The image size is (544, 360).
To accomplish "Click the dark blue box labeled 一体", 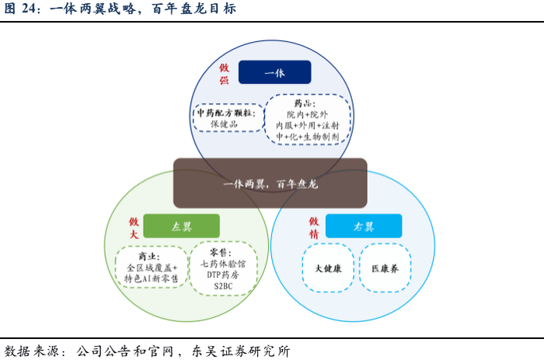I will pyautogui.click(x=274, y=72).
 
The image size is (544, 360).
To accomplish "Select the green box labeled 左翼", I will pyautogui.click(x=182, y=226).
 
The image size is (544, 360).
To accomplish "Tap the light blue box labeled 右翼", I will pyautogui.click(x=364, y=226).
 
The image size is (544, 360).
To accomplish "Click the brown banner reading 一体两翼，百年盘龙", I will pyautogui.click(x=270, y=183).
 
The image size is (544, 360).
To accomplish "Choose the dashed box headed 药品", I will pyautogui.click(x=308, y=120).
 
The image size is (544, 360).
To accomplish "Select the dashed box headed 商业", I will pyautogui.click(x=152, y=267).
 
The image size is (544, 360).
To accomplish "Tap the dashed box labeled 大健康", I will pyautogui.click(x=328, y=268).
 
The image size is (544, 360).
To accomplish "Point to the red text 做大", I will pyautogui.click(x=134, y=227).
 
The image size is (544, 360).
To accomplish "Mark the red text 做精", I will pyautogui.click(x=313, y=227).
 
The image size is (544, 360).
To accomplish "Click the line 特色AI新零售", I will pyautogui.click(x=152, y=278).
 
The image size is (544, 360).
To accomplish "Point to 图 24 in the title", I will pyautogui.click(x=20, y=9).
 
